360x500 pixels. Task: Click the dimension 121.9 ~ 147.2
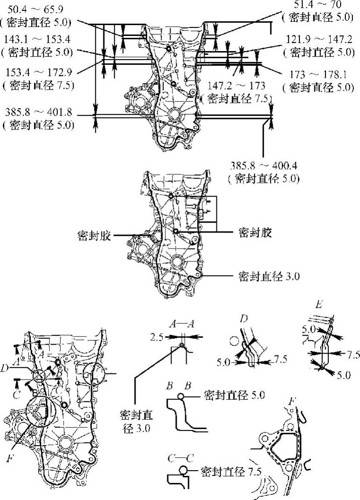(x=321, y=40)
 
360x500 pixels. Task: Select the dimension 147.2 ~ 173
(x=237, y=86)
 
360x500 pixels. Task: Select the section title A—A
(x=181, y=324)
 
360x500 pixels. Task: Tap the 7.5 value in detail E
(x=352, y=354)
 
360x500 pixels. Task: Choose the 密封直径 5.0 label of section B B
(x=234, y=394)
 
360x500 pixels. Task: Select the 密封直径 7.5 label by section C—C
(x=231, y=471)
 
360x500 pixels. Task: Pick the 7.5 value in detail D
(x=281, y=361)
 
